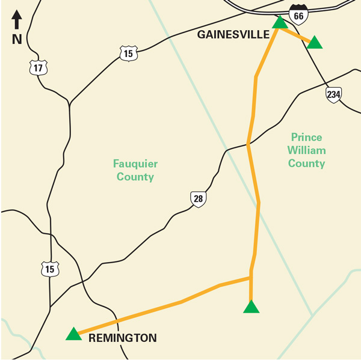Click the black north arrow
click(x=17, y=20)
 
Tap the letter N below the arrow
click(x=17, y=40)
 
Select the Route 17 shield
click(x=38, y=67)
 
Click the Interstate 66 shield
click(x=297, y=14)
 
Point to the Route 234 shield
click(x=334, y=94)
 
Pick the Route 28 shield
click(x=198, y=199)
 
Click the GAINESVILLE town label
click(x=233, y=35)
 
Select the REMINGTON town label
click(x=122, y=338)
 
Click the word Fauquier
click(x=135, y=163)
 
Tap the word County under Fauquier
click(x=135, y=177)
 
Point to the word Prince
click(x=306, y=137)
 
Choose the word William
click(x=306, y=150)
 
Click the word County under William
click(x=306, y=163)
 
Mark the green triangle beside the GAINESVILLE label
click(x=280, y=23)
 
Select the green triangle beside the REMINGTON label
click(x=73, y=334)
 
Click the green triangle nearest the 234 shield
click(x=315, y=42)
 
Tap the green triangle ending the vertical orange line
click(x=251, y=307)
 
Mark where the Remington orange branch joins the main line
click(x=250, y=278)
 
